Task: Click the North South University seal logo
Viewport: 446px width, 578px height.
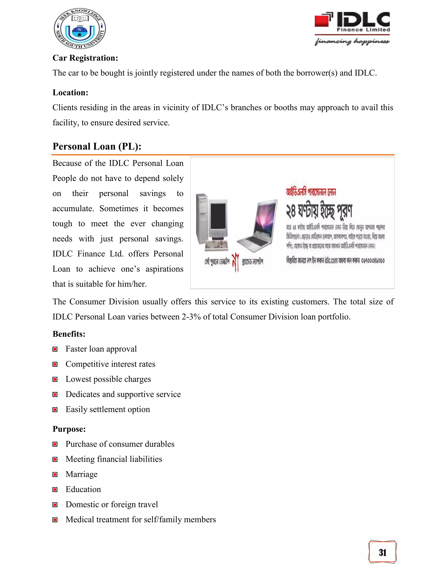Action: pyautogui.click(x=80, y=29)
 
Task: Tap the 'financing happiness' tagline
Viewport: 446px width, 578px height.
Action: pyautogui.click(x=352, y=41)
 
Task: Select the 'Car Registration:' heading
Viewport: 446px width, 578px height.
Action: pyautogui.click(x=85, y=58)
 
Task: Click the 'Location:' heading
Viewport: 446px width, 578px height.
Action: pyautogui.click(x=70, y=93)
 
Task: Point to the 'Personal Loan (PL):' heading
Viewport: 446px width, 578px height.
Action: pyautogui.click(x=97, y=146)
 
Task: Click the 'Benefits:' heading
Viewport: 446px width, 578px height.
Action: pyautogui.click(x=69, y=334)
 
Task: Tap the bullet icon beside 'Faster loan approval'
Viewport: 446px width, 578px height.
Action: pyautogui.click(x=55, y=349)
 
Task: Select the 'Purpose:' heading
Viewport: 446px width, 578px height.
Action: pyautogui.click(x=69, y=429)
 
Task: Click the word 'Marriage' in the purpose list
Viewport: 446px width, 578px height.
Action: pyautogui.click(x=81, y=474)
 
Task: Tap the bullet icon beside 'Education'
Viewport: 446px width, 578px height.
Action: pyautogui.click(x=55, y=490)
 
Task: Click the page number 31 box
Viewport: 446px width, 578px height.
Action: pyautogui.click(x=382, y=553)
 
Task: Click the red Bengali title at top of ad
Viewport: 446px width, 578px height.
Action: pyautogui.click(x=311, y=192)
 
